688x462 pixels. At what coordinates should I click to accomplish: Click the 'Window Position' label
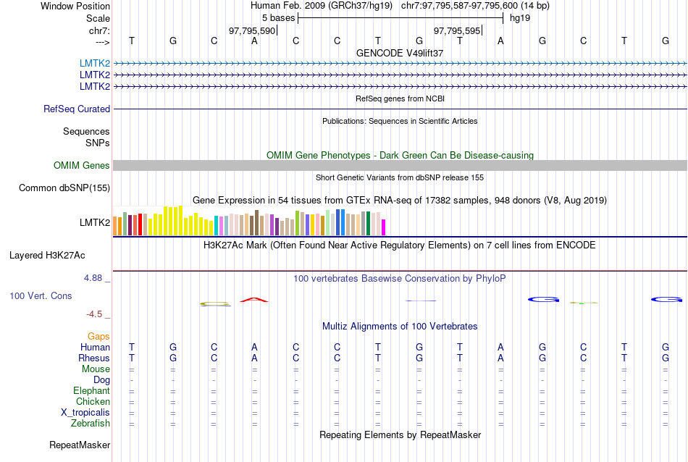75,6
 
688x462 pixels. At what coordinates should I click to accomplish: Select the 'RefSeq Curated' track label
77,109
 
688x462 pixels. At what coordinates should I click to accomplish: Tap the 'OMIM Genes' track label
81,166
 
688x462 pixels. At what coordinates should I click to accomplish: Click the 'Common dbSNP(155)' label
64,188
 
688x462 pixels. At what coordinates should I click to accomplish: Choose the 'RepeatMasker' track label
80,445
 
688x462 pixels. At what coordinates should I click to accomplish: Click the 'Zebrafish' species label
92,424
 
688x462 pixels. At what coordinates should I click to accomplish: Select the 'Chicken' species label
93,402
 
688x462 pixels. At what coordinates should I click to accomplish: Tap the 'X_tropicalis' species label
85,413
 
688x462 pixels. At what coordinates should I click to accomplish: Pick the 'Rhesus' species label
94,358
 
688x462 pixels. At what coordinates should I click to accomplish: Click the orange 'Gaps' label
98,337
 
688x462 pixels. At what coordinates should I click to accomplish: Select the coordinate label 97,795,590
252,31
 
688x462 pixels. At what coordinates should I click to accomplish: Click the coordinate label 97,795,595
457,31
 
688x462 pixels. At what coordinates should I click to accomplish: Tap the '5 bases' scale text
277,18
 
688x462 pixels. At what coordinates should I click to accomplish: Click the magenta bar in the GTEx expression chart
384,227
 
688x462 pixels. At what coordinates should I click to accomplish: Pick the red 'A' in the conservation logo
253,301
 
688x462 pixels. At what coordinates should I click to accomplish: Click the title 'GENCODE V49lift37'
400,53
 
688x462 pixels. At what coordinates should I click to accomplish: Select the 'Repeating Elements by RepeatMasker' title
400,434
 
